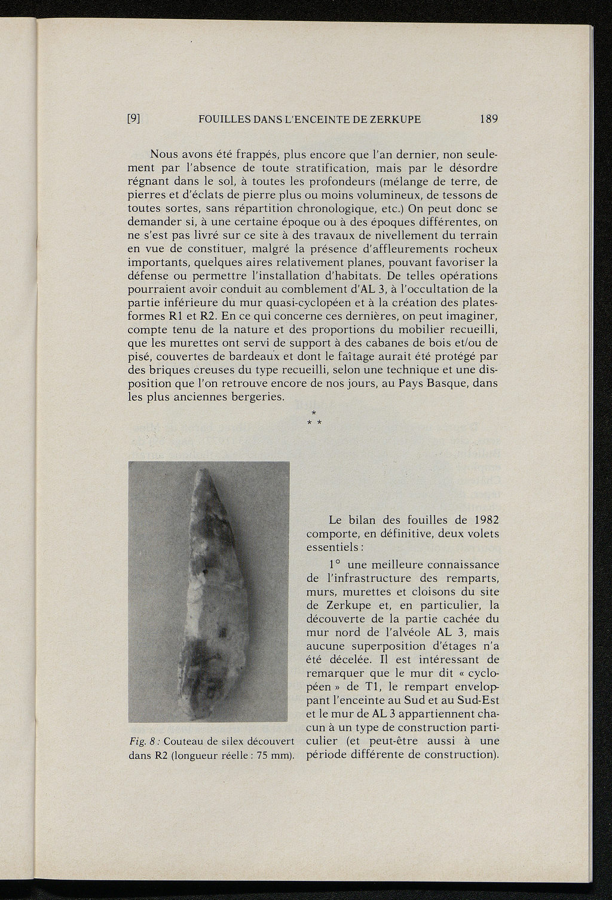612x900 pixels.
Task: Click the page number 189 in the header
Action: click(488, 119)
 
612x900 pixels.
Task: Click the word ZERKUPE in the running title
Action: click(393, 119)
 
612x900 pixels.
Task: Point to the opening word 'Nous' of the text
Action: click(165, 154)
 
